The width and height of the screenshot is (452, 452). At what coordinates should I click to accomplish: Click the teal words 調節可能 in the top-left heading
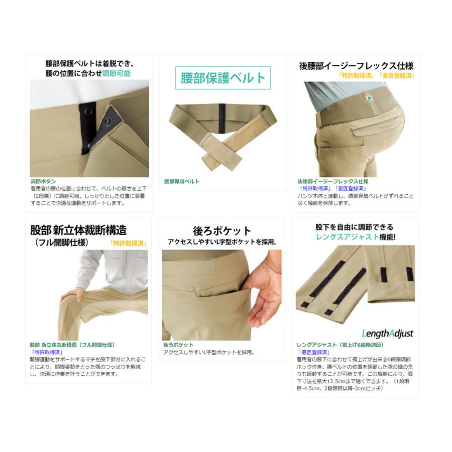point(117,73)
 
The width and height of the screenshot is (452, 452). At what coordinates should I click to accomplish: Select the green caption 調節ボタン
point(43,181)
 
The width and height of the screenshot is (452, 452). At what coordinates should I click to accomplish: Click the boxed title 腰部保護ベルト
point(222,78)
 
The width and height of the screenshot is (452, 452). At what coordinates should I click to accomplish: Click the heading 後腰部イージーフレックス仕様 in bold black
point(356,66)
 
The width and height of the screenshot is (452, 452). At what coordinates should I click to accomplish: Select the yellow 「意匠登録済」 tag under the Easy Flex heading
point(397,76)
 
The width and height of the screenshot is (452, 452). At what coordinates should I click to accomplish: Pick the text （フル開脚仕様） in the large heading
point(62,243)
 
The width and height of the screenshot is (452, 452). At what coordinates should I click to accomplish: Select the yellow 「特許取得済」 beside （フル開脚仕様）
point(128,243)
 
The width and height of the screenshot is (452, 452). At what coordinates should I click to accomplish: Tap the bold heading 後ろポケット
point(222,231)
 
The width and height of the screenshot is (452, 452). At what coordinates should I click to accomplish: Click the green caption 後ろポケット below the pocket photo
point(178,345)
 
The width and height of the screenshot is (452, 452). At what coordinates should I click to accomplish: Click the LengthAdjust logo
point(387,333)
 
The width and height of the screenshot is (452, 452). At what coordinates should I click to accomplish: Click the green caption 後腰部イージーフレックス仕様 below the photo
point(332,181)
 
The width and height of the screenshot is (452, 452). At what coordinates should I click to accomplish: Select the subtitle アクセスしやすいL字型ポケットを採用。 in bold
point(222,242)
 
